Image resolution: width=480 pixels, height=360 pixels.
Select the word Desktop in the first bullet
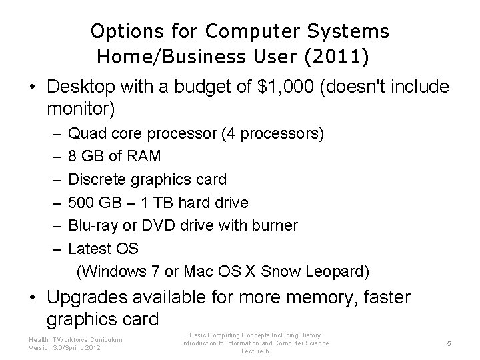79,87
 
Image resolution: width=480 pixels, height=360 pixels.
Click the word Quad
85,134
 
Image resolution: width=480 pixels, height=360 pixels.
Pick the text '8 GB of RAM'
115,157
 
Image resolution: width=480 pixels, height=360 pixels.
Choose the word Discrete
97,179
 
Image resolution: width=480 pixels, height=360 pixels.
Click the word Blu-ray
93,225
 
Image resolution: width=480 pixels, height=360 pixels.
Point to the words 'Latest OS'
103,249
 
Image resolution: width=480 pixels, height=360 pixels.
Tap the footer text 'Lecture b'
255,351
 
